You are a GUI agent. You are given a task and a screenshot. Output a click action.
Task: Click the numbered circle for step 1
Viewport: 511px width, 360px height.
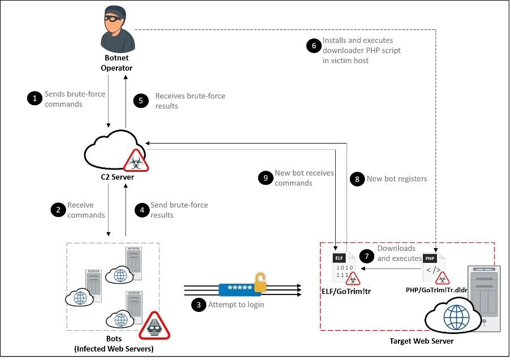click(x=34, y=98)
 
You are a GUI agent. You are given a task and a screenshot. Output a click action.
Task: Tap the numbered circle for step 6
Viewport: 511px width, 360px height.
click(x=314, y=45)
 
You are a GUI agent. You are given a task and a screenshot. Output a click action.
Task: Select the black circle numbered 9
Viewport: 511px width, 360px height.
click(x=266, y=178)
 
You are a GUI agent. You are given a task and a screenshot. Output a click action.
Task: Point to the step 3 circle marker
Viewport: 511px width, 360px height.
click(x=198, y=305)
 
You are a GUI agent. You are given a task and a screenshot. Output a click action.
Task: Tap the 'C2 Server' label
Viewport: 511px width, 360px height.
click(x=118, y=177)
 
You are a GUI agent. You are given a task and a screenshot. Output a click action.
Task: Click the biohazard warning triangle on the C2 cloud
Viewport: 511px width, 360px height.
click(x=136, y=161)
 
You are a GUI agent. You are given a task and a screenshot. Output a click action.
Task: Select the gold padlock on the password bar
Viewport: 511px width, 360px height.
click(x=260, y=283)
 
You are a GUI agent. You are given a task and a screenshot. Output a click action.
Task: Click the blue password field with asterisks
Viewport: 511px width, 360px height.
click(x=240, y=289)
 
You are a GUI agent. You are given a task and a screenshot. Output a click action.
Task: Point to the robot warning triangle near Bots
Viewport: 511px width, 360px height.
click(x=154, y=326)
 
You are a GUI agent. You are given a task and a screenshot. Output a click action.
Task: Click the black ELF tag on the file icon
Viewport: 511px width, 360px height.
click(x=339, y=258)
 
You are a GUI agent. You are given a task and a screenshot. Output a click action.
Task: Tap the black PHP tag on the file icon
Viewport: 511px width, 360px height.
click(x=430, y=259)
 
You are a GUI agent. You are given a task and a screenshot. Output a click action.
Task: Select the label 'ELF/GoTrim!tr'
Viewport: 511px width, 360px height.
click(x=346, y=292)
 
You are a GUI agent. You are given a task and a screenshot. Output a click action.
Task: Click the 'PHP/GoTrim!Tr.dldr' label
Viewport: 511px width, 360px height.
click(x=437, y=290)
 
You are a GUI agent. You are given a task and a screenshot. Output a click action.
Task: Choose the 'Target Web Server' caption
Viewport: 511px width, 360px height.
click(x=421, y=341)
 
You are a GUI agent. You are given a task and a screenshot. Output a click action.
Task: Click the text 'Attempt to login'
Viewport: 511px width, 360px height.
click(x=236, y=305)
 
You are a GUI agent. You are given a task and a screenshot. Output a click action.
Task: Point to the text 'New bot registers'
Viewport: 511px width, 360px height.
click(x=397, y=179)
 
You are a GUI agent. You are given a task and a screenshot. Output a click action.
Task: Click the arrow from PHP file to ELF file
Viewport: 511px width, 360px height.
click(x=391, y=269)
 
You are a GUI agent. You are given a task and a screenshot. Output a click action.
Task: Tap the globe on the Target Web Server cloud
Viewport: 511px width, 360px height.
click(x=457, y=318)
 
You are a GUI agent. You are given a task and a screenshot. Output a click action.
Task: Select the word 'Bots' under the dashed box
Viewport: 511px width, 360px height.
click(x=114, y=339)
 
